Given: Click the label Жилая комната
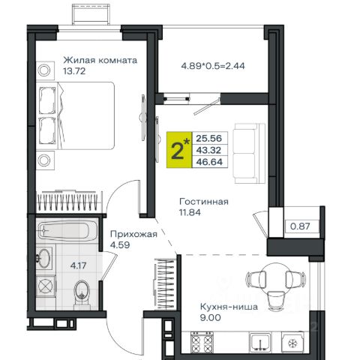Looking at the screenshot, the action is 100,61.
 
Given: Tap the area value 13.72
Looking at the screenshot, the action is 74,71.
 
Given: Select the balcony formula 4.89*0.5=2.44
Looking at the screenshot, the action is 213,66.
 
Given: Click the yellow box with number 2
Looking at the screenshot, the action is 179,150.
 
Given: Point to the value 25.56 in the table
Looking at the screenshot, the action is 209,138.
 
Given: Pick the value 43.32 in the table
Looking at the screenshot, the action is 209,150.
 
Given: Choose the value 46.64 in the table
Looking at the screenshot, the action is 209,162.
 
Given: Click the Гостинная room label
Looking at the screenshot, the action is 204,202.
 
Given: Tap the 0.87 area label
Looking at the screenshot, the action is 300,226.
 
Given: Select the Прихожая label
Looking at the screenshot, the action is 133,234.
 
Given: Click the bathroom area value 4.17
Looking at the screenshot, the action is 78,265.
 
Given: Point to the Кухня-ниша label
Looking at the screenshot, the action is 229,307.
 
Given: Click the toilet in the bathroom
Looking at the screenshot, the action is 82,292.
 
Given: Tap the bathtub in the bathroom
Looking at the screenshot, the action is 67,230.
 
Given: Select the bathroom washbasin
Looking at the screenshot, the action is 44,258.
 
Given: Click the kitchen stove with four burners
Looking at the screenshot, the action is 202,342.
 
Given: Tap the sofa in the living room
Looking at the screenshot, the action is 249,153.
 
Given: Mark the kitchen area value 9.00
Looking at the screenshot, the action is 210,318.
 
